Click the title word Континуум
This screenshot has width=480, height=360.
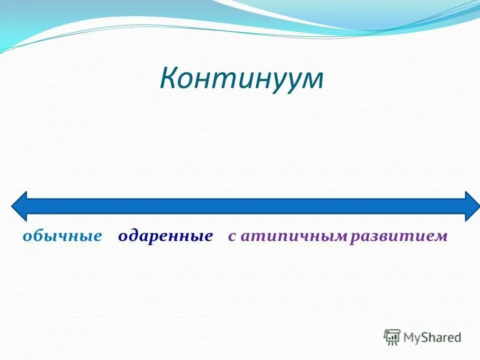241,79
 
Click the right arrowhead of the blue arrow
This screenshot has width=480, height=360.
471,206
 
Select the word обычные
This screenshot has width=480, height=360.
62,236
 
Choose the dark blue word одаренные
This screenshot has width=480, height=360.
165,236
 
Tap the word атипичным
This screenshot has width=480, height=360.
293,236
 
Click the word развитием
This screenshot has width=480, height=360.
398,236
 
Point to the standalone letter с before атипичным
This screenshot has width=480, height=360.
232,236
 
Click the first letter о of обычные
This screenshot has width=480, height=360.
27,236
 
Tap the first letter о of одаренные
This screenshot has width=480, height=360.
122,236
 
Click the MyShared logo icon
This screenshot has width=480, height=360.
392,337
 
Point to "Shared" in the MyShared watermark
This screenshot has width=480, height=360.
441,337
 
